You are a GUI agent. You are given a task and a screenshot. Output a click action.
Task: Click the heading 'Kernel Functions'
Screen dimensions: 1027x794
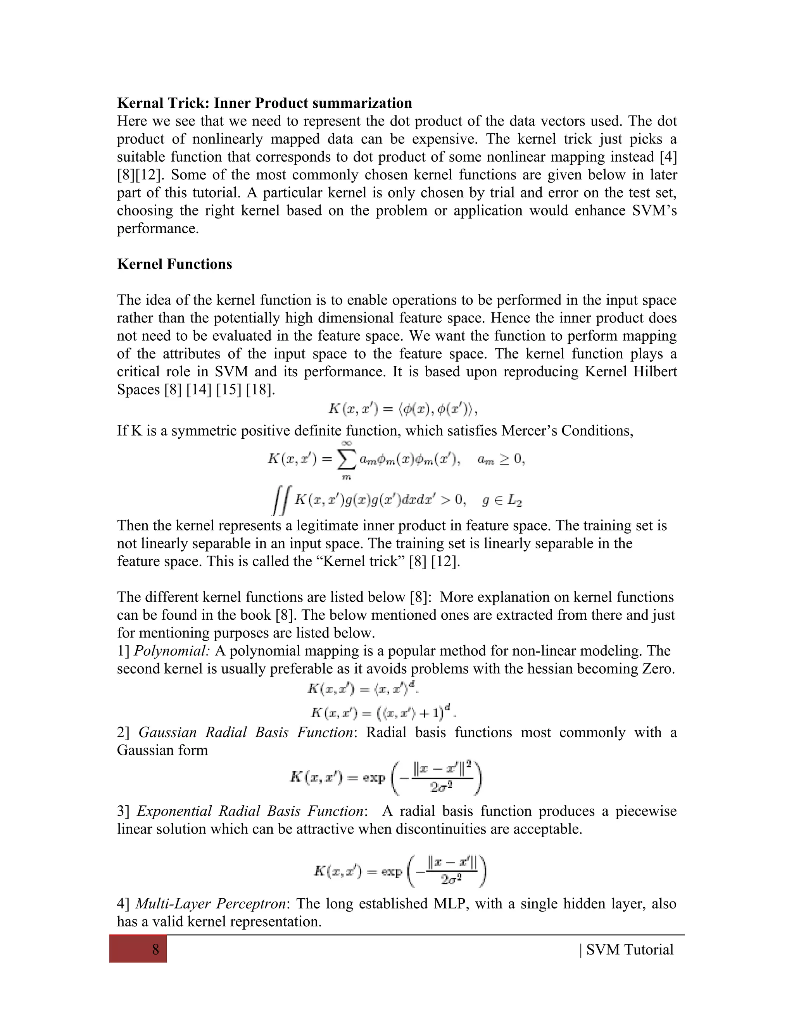pyautogui.click(x=174, y=264)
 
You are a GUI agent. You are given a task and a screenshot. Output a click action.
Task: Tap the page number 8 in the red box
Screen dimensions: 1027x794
pyautogui.click(x=156, y=950)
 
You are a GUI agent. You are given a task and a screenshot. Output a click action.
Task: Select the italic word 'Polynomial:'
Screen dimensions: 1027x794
pyautogui.click(x=172, y=651)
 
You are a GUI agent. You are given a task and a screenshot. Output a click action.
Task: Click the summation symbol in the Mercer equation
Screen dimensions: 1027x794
pyautogui.click(x=346, y=460)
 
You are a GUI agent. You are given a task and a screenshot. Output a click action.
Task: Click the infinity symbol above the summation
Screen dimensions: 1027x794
pyautogui.click(x=347, y=443)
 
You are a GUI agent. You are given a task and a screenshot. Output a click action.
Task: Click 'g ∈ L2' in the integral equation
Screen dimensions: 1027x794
pyautogui.click(x=502, y=501)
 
